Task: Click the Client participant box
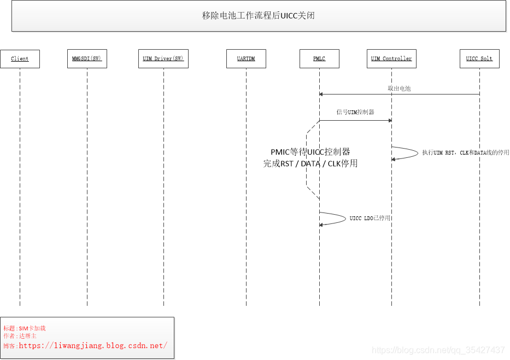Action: pos(20,58)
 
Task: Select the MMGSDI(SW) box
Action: pos(87,58)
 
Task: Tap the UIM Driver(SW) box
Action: pos(163,58)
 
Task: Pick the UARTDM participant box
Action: pos(246,58)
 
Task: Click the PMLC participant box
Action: pos(319,58)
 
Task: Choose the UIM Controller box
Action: pos(391,58)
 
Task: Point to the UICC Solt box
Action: pos(479,58)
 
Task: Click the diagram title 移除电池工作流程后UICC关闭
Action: pos(258,15)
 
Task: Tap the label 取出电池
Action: pos(399,88)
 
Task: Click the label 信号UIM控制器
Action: pos(355,112)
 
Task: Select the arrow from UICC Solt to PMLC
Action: pos(399,95)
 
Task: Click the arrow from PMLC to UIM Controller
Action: pos(355,121)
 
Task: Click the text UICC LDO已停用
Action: pos(370,218)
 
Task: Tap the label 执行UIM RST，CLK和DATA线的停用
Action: pos(465,153)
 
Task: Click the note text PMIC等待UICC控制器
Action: pos(310,152)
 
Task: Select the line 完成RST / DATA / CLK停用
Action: pos(310,163)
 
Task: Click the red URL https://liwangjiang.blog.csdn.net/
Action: pos(93,345)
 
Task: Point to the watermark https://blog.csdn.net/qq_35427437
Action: pos(438,350)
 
